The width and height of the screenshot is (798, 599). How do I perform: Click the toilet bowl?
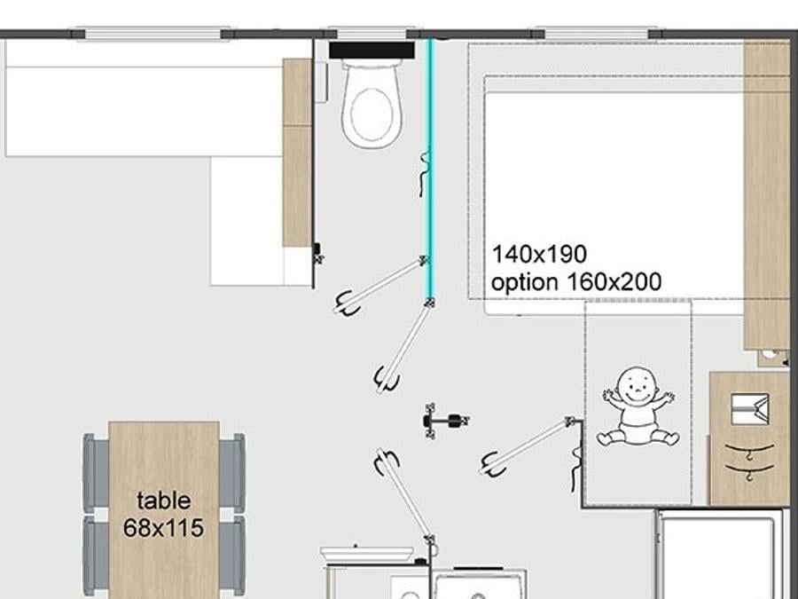(x=372, y=106)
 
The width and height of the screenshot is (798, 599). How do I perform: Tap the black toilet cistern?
(x=372, y=51)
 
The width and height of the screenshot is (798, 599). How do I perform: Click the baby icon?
(x=638, y=406)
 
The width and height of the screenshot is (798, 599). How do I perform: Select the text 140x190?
(x=539, y=254)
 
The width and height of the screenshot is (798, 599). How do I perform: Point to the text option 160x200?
(x=576, y=281)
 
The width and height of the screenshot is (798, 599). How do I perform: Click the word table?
(x=164, y=500)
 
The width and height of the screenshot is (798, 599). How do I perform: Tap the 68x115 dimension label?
(x=163, y=528)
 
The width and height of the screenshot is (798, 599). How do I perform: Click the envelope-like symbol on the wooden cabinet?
(x=749, y=408)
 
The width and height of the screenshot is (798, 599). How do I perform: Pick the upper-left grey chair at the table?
(x=96, y=473)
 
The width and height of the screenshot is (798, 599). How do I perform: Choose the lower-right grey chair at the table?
(x=232, y=556)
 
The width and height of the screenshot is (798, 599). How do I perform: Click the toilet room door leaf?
(x=380, y=286)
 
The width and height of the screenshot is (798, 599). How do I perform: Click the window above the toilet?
(x=372, y=34)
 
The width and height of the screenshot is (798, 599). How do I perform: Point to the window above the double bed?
(x=596, y=34)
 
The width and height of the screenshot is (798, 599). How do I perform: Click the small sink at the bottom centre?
(x=366, y=554)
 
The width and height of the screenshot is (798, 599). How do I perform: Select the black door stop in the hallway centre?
(x=445, y=421)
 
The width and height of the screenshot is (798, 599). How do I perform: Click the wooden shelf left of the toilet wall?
(x=297, y=153)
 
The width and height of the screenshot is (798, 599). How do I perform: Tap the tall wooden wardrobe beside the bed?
(x=766, y=194)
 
